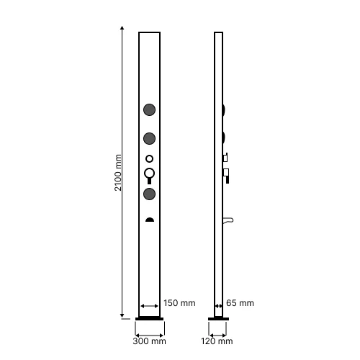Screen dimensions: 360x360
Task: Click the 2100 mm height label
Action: point(118,173)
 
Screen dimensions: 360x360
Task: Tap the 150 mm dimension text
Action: point(179,303)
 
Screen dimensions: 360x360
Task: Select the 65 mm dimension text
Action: point(240,303)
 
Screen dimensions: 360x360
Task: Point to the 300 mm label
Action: point(149,341)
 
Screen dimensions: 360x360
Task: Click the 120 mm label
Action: point(217,341)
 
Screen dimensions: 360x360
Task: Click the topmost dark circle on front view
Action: point(149,109)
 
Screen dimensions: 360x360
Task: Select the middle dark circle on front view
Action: point(149,138)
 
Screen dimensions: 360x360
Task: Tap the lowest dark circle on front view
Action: point(149,194)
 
